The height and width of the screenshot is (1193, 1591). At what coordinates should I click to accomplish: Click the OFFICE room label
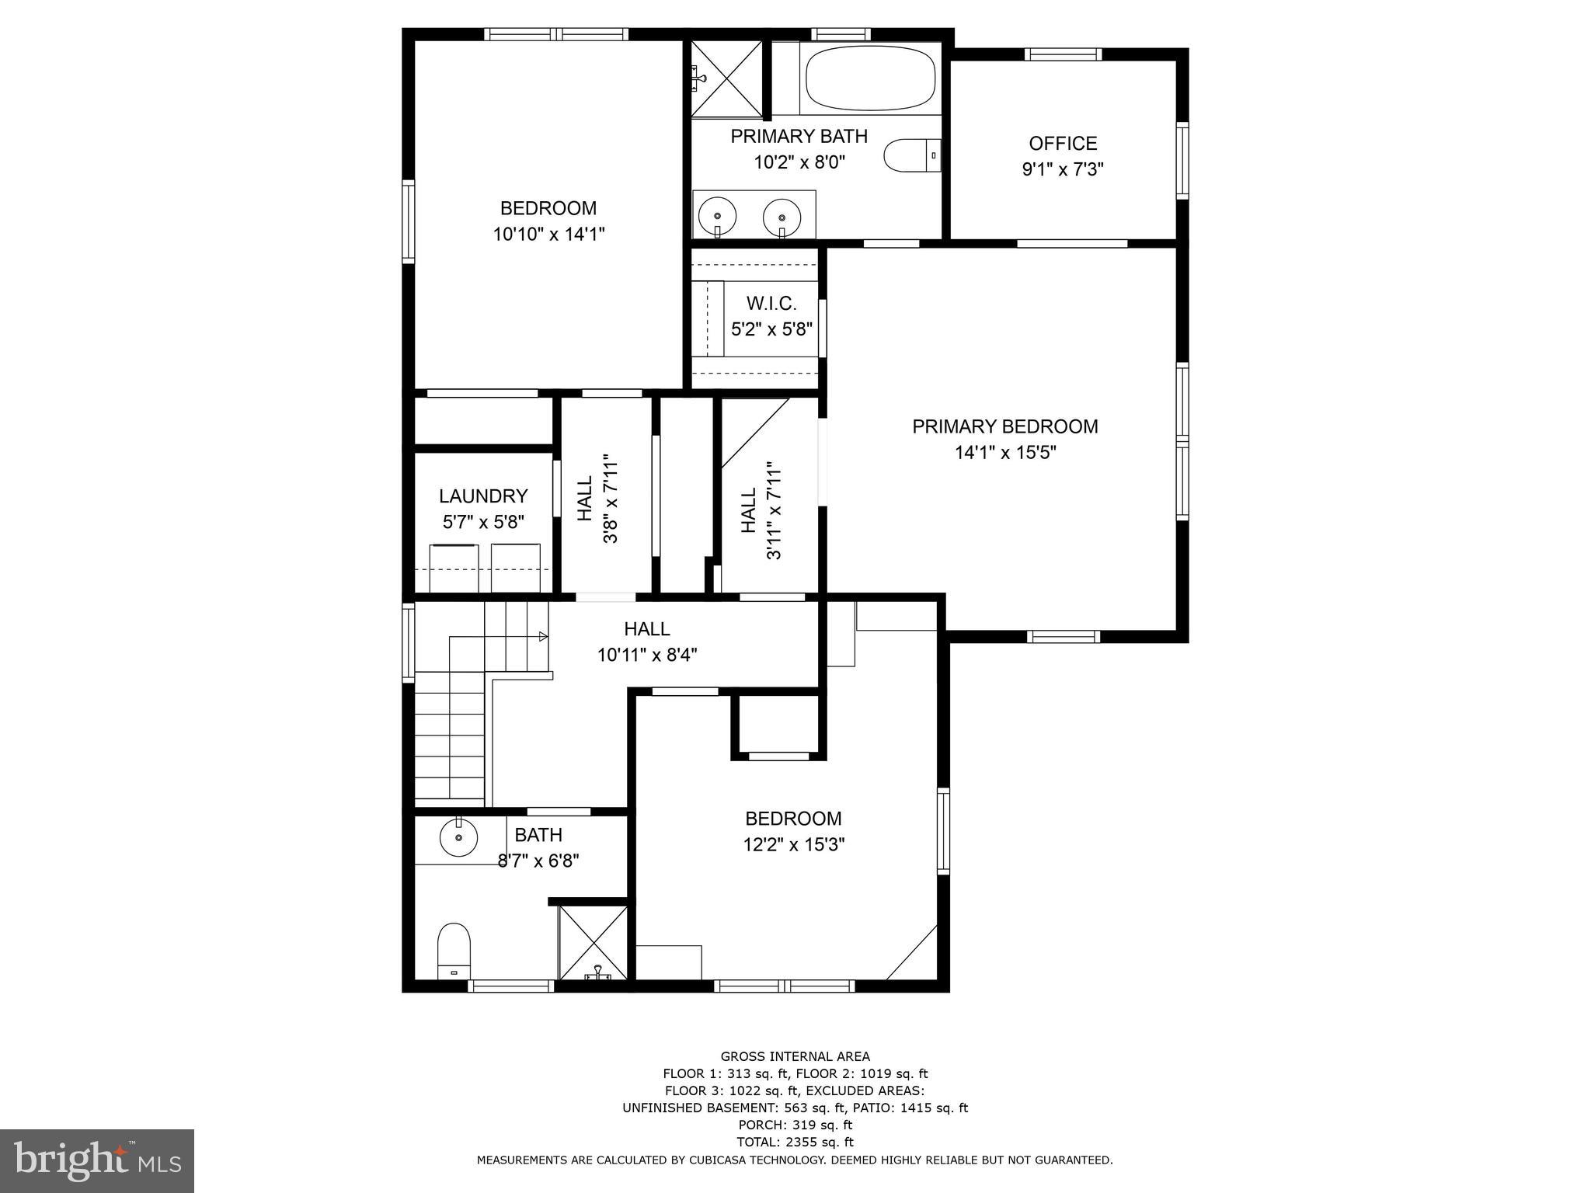coord(1063,144)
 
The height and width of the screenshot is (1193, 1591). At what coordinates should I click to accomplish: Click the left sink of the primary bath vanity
coord(717,215)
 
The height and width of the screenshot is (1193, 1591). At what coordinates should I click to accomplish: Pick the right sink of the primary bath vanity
coord(782,215)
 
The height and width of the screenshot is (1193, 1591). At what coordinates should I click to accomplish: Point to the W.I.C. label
coord(771,303)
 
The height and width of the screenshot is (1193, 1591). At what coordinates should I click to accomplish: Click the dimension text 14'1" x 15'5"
coord(1005,452)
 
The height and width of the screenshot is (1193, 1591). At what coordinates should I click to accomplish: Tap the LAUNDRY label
coord(483,496)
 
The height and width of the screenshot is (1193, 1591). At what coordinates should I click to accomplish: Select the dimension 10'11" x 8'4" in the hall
coord(647,655)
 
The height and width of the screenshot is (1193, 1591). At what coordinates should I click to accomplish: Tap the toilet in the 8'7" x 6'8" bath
coord(454,950)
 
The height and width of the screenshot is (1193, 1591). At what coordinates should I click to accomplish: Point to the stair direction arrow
coord(543,637)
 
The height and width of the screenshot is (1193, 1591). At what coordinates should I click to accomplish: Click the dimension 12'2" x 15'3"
coord(793,844)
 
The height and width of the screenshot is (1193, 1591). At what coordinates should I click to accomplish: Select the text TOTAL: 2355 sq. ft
coord(795,1142)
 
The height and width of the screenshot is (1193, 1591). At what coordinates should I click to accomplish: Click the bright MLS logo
coord(97,1161)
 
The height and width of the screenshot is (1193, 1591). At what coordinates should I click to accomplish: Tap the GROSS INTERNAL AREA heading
coord(795,1056)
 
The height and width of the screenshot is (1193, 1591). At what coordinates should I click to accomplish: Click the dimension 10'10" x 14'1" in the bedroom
coord(548,234)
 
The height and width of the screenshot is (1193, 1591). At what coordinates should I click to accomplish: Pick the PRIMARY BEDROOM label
coord(1004,426)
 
